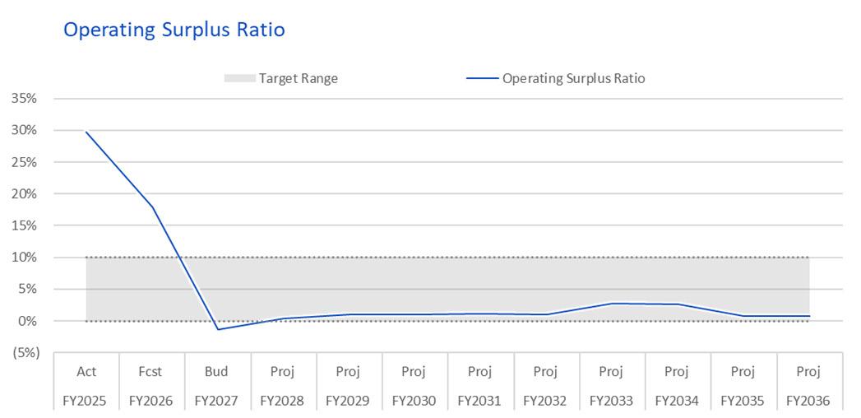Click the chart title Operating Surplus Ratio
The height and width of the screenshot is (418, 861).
click(174, 30)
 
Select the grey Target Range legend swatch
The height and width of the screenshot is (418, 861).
click(240, 78)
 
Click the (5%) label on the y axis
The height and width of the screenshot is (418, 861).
click(24, 353)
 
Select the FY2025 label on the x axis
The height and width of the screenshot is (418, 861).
click(86, 401)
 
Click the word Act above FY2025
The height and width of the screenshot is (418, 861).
click(86, 372)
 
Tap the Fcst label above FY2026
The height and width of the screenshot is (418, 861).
click(152, 372)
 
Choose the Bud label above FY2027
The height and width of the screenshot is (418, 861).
click(218, 372)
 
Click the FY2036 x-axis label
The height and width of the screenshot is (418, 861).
click(809, 401)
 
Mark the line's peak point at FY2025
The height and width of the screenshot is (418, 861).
click(86, 132)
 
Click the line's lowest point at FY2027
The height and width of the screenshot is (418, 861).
click(218, 329)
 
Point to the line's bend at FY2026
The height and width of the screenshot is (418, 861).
click(152, 207)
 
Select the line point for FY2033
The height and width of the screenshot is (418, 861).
click(612, 303)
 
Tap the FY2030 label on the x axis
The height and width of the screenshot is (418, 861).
click(414, 401)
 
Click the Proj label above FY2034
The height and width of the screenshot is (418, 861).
click(677, 372)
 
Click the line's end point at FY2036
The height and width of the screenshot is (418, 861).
click(809, 316)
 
